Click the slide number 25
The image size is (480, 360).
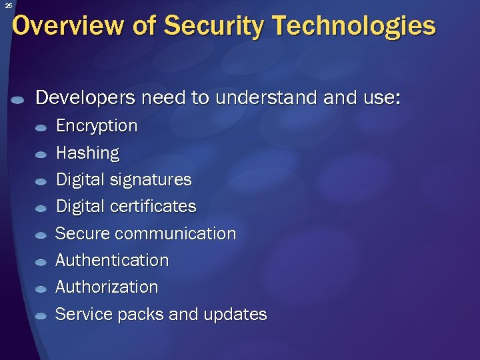point(8,5)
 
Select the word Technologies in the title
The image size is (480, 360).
point(354,26)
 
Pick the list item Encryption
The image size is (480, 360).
point(97,126)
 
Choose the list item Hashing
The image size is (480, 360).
point(87,153)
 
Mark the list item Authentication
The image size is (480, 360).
point(112,260)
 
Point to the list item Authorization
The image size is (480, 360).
point(107,287)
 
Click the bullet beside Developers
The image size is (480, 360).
point(19,100)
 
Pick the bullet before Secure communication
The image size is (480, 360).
point(41,235)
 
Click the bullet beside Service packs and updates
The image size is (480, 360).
point(41,316)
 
